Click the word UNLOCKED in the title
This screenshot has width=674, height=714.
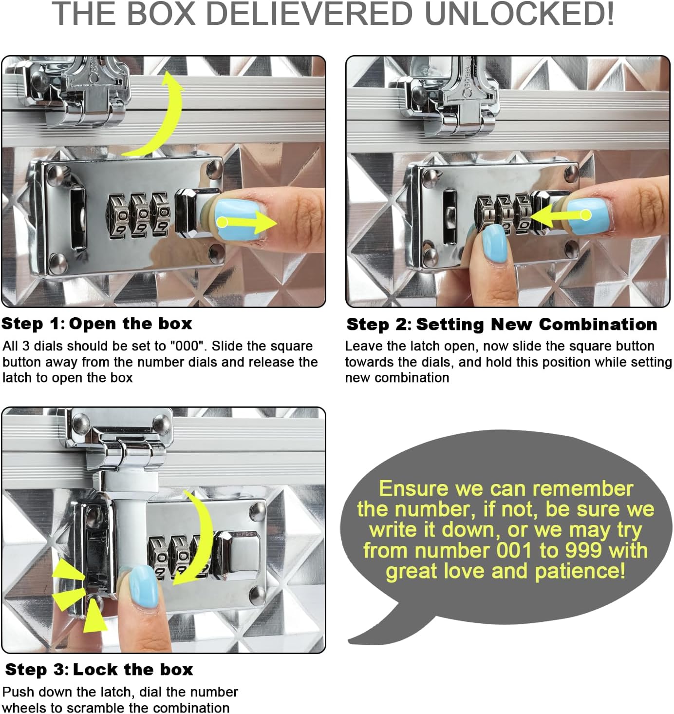tap(519, 14)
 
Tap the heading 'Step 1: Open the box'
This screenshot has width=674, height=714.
tap(96, 324)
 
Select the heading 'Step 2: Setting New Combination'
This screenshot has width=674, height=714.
tap(502, 324)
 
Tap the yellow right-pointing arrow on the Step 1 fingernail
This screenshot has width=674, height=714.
tap(248, 222)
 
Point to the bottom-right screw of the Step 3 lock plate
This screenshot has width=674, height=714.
tap(258, 595)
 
